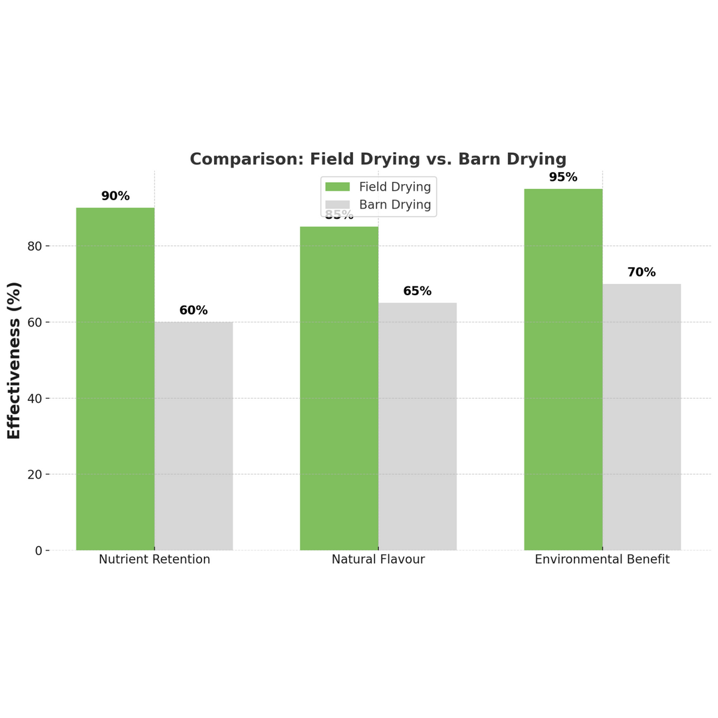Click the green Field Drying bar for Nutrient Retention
click(x=115, y=379)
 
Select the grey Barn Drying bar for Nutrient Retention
click(x=193, y=436)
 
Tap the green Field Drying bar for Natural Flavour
click(x=339, y=389)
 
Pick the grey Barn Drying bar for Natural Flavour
click(x=418, y=427)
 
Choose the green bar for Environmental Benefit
click(x=563, y=370)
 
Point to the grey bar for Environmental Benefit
click(x=642, y=418)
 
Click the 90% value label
click(x=115, y=196)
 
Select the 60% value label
click(x=193, y=310)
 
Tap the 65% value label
click(x=418, y=291)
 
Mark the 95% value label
click(x=563, y=178)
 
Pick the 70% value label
click(x=642, y=273)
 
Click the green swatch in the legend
click(x=337, y=187)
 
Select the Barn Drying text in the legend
click(x=395, y=205)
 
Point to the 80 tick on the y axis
click(x=35, y=246)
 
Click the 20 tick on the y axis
click(x=35, y=475)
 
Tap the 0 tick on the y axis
click(x=39, y=550)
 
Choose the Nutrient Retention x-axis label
click(x=154, y=560)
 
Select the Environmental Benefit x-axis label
click(x=602, y=560)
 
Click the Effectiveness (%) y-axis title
click(x=14, y=360)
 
